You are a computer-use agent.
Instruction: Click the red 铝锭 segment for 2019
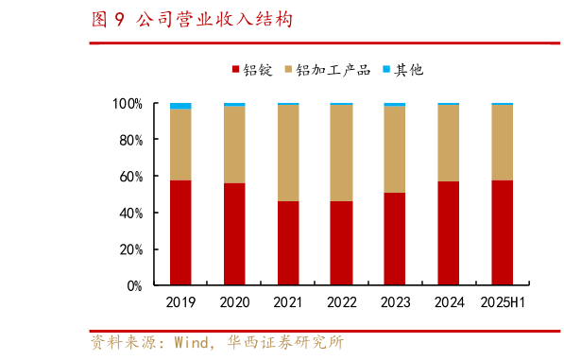[179, 232]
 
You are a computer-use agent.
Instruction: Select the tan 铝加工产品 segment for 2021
[287, 153]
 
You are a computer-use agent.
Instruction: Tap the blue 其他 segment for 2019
[179, 106]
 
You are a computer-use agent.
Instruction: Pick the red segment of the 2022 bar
[341, 243]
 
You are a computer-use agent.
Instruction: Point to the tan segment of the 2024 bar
[449, 143]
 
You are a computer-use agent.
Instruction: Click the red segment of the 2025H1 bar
[503, 232]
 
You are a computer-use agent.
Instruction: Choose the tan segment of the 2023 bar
[395, 149]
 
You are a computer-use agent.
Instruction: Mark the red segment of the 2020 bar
[233, 234]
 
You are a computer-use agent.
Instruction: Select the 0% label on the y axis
[133, 285]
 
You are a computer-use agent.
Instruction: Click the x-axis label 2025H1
[503, 303]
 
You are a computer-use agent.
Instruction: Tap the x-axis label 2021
[287, 303]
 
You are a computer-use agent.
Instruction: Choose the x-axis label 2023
[395, 303]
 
